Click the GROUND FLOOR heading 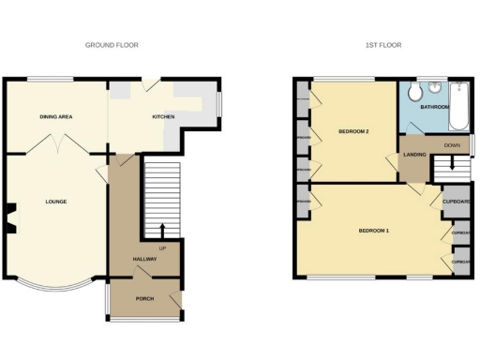pyautogui.click(x=112, y=45)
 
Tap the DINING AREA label pyautogui.click(x=56, y=117)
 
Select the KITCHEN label pyautogui.click(x=166, y=117)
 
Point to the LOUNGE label pyautogui.click(x=55, y=201)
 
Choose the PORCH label pyautogui.click(x=145, y=298)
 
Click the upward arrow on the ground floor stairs pyautogui.click(x=163, y=231)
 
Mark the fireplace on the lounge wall pyautogui.click(x=11, y=217)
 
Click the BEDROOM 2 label pyautogui.click(x=353, y=131)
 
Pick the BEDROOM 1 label pyautogui.click(x=373, y=230)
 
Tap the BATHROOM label pyautogui.click(x=434, y=108)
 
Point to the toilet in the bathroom pyautogui.click(x=436, y=90)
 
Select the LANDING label pyautogui.click(x=414, y=154)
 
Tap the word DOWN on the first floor pyautogui.click(x=451, y=145)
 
